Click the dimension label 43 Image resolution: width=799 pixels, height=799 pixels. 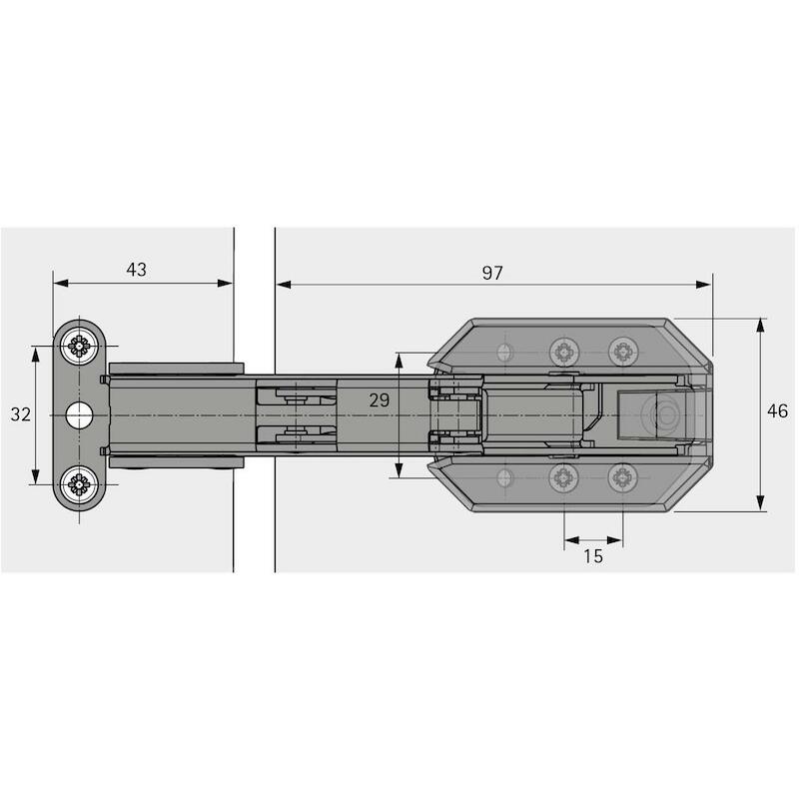(136, 270)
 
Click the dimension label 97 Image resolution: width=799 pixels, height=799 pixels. (492, 273)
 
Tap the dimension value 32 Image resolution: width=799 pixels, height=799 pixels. (20, 414)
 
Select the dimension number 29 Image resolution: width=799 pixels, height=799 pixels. (380, 400)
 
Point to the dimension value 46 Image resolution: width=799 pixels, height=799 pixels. (777, 410)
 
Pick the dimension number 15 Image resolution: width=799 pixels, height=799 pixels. (593, 556)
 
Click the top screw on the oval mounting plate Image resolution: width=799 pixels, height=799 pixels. (79, 346)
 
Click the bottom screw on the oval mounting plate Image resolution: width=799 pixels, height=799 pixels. (79, 484)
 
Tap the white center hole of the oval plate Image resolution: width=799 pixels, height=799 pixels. (80, 415)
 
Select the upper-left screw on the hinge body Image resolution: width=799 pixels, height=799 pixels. (564, 352)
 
